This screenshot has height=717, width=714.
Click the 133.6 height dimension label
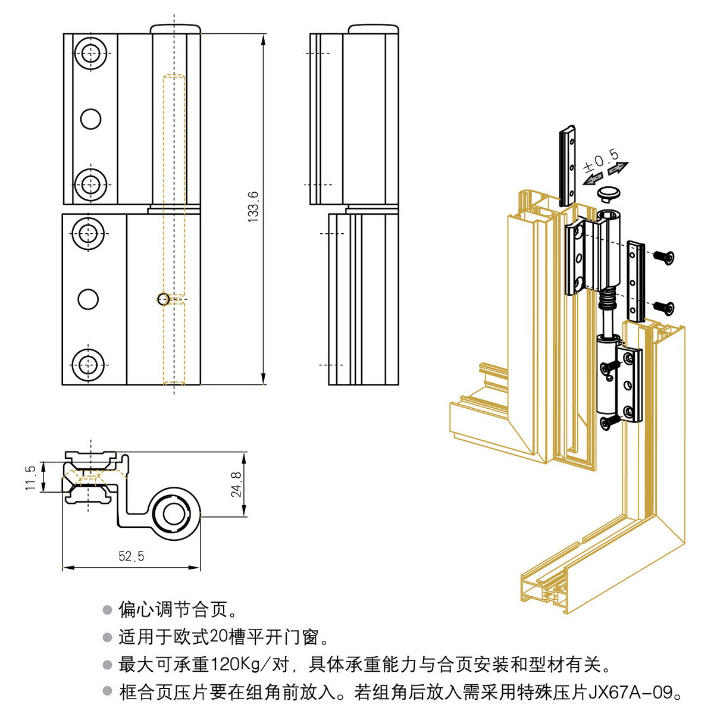(253, 206)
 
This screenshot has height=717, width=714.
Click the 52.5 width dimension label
(131, 556)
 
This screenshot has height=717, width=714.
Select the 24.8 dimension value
(236, 484)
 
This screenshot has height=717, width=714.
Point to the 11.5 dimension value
(31, 478)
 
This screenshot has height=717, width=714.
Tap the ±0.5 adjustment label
(601, 159)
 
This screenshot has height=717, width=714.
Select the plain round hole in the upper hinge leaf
(90, 119)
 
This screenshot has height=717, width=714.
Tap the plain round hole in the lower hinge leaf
(88, 299)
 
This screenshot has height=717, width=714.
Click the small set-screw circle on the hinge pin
(164, 299)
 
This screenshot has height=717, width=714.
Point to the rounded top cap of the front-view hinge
(176, 29)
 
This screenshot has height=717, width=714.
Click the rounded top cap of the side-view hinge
(372, 29)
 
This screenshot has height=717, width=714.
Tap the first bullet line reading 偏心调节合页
(178, 609)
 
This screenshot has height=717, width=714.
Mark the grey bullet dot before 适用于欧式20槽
(107, 637)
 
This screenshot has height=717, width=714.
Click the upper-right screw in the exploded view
(663, 257)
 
